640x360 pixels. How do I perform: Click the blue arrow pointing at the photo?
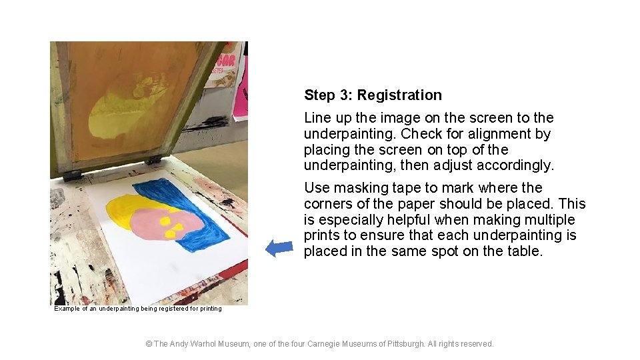(x=279, y=248)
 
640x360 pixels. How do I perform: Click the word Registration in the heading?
(x=399, y=95)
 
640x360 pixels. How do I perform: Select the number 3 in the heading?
(x=343, y=95)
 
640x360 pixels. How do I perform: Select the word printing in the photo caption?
(x=211, y=309)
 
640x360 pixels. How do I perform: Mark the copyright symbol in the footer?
(x=149, y=344)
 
